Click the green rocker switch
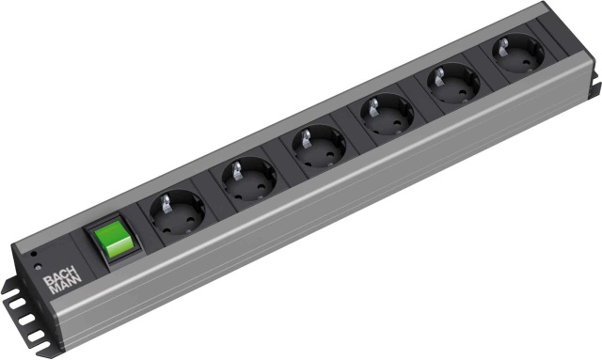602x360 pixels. [108, 243]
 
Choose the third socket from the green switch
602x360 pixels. [318, 148]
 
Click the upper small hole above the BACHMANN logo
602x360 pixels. [35, 254]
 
